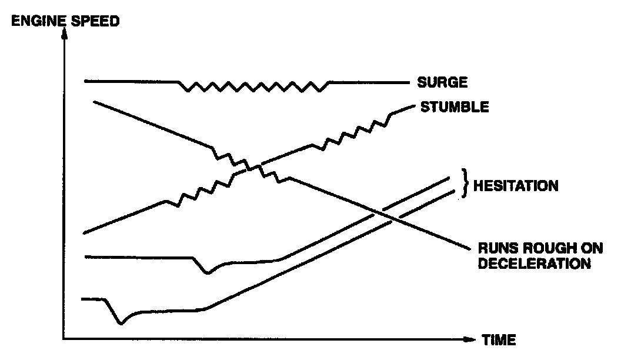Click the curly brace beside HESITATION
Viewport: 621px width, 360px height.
[x=464, y=184]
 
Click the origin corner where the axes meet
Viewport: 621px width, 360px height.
[x=64, y=339]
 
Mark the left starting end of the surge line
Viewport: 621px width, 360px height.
[x=86, y=81]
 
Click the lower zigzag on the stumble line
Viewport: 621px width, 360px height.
[x=200, y=193]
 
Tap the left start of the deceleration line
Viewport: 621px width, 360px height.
[x=94, y=102]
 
